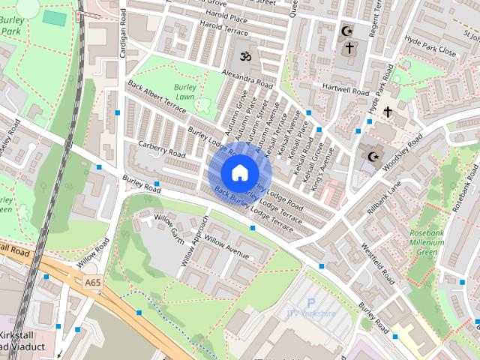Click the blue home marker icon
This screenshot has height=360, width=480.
pos(238,172)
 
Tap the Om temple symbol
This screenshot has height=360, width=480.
pos(244,56)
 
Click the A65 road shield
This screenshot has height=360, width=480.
pos(92,282)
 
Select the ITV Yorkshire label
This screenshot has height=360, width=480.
pos(310,313)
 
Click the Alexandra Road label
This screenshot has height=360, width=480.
pos(247,78)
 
